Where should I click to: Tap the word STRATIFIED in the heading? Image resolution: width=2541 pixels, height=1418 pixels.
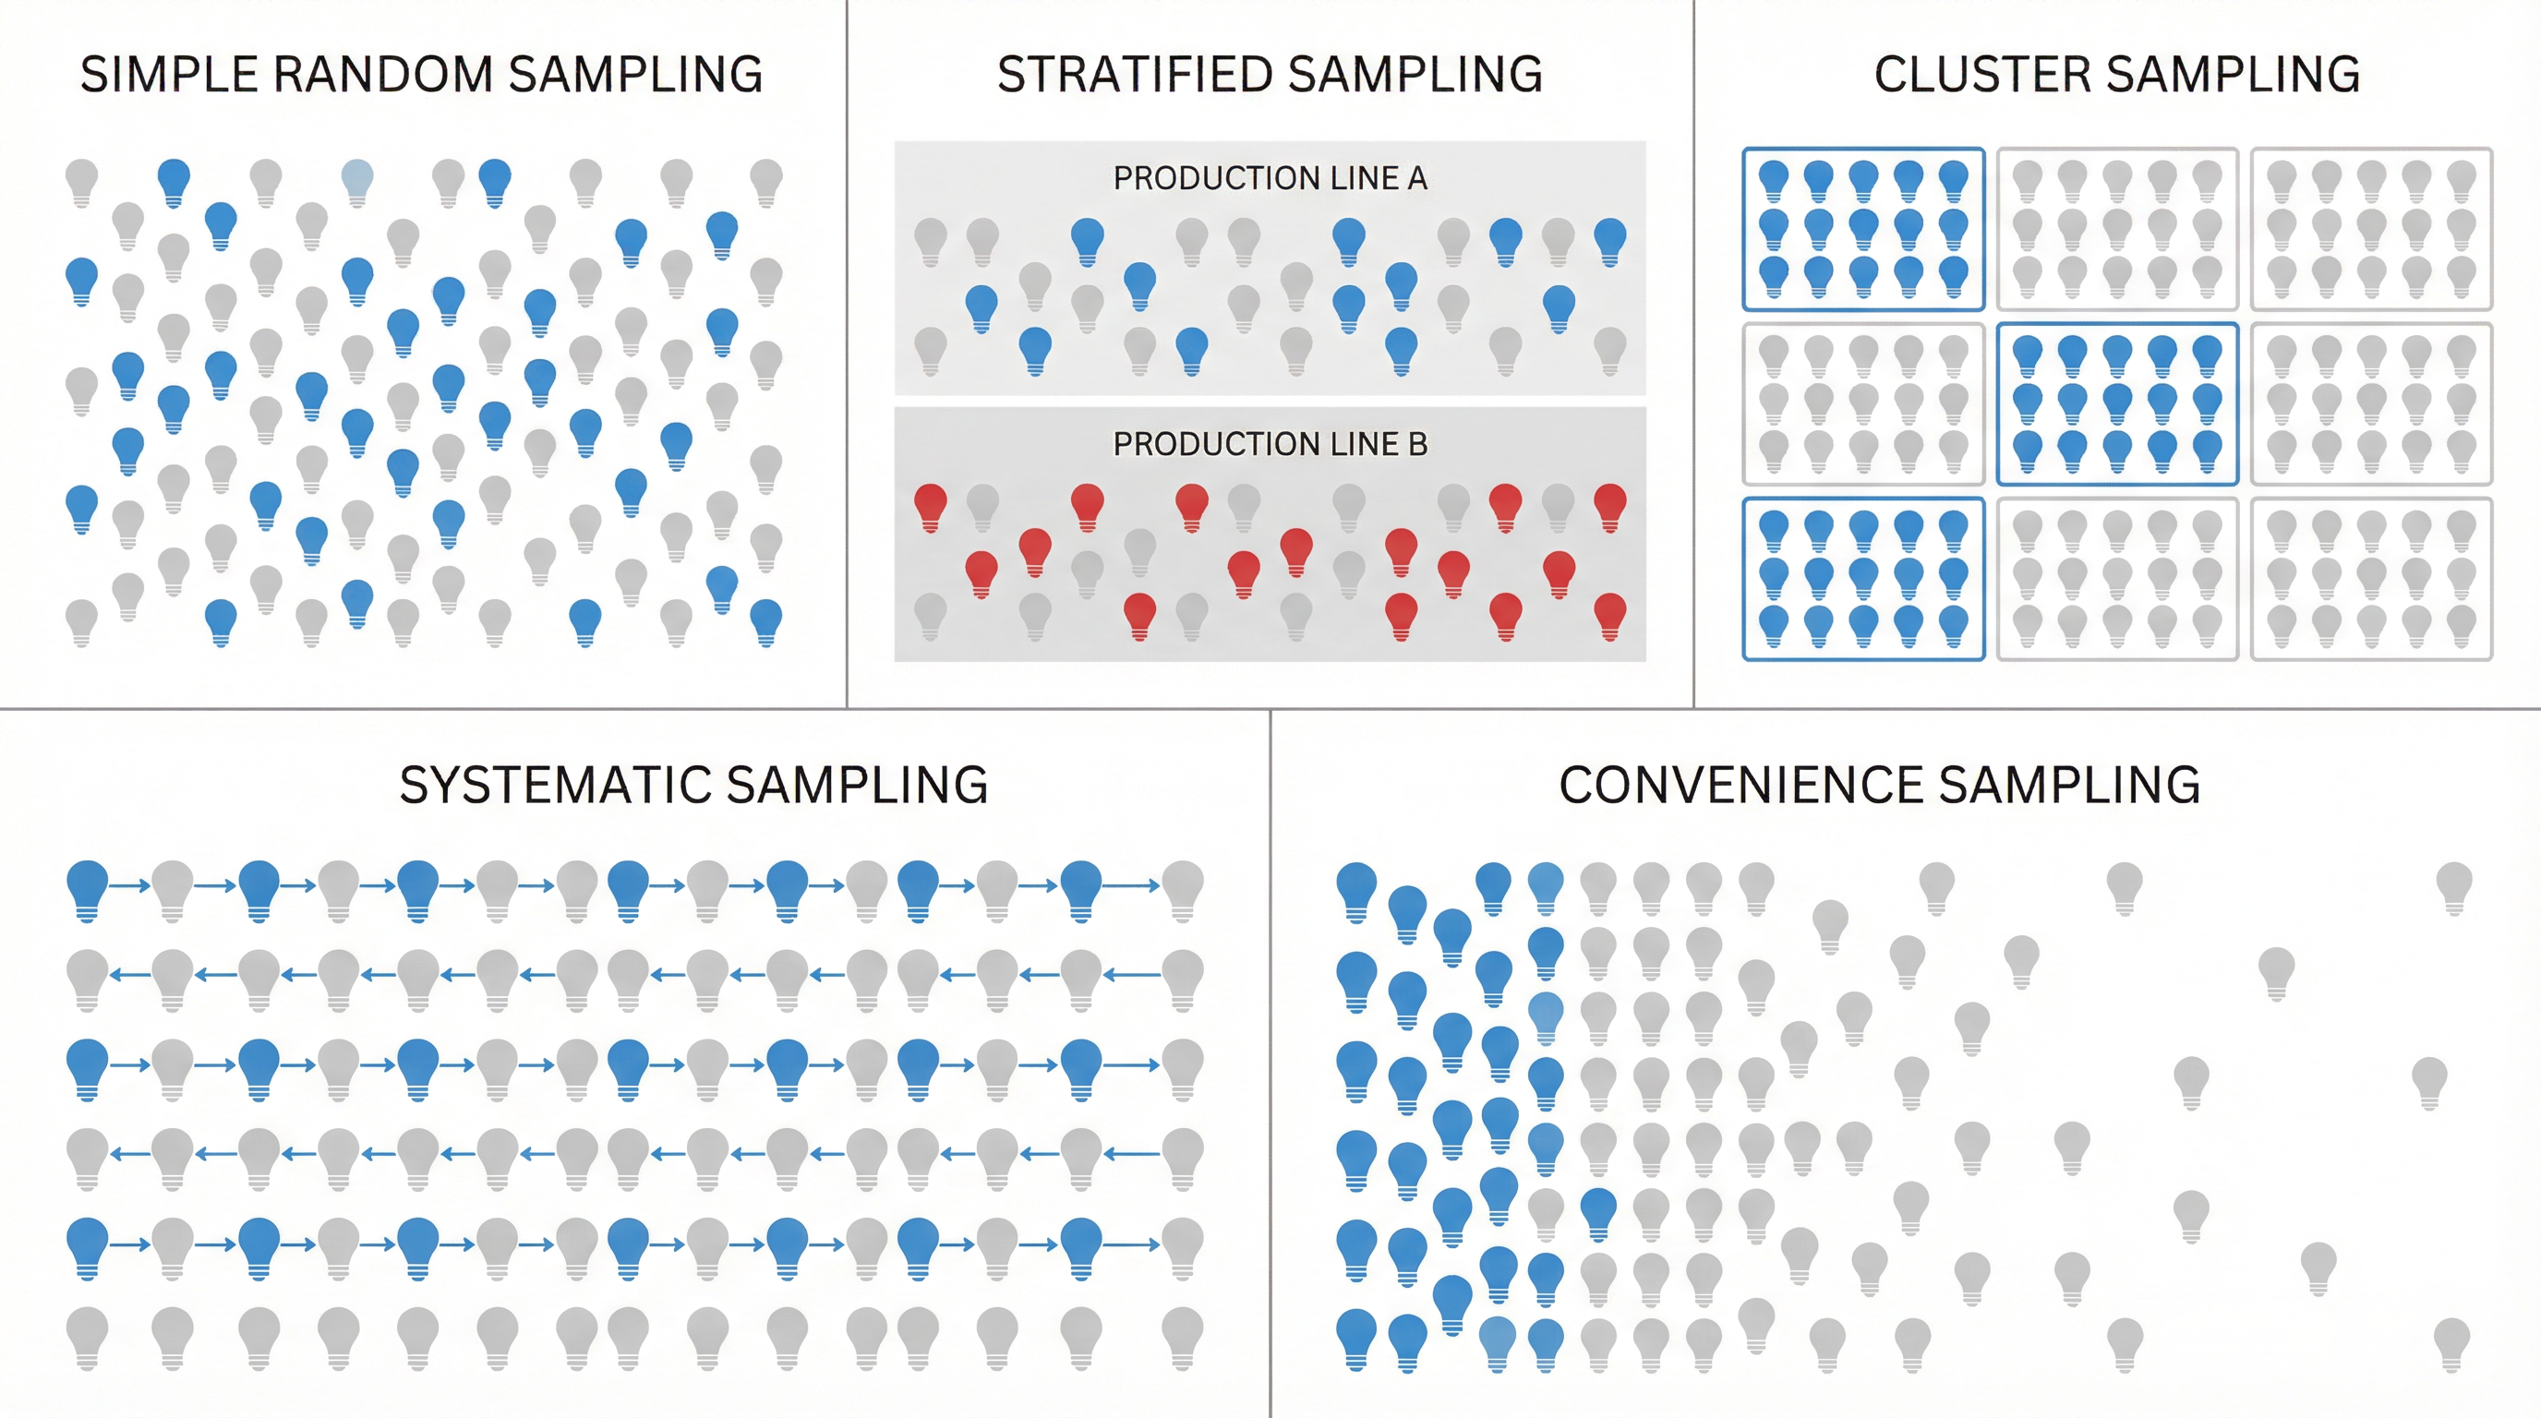coord(1135,75)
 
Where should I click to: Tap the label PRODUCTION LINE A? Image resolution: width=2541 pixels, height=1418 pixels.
coord(1270,178)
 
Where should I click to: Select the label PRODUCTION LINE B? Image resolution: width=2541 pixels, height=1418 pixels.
coord(1270,445)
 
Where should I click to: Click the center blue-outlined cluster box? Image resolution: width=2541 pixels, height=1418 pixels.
coord(2117,404)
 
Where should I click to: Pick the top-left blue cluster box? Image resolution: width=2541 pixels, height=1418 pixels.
coord(1863,229)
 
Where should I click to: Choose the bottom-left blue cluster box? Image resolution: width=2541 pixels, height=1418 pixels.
coord(1863,579)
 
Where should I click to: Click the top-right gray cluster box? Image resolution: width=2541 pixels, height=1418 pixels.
coord(2371,229)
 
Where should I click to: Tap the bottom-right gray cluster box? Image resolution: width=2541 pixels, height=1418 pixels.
coord(2371,579)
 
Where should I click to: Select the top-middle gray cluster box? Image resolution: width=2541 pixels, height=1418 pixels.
coord(2117,229)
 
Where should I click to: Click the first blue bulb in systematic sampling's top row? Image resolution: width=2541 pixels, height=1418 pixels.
coord(87,886)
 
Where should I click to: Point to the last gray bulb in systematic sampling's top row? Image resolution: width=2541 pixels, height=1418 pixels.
coord(1182,886)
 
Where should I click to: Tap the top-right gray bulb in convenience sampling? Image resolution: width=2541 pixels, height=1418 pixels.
coord(2453,884)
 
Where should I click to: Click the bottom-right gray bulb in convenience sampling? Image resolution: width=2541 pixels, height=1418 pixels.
coord(2451,1342)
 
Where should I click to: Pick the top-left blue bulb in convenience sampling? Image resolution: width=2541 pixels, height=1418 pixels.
coord(1356,887)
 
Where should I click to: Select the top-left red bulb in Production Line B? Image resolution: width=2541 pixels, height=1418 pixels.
coord(930,505)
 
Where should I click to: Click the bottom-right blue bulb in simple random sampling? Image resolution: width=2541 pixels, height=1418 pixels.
coord(765,620)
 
